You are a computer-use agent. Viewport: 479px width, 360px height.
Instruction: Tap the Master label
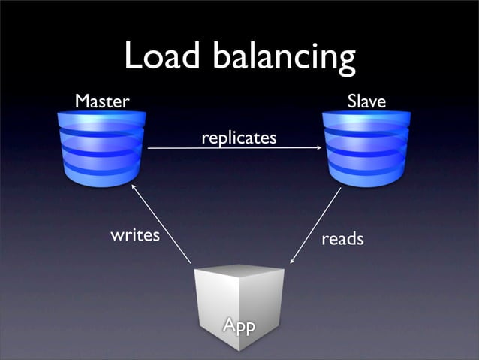click(x=102, y=101)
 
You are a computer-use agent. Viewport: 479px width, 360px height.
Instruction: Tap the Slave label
click(x=366, y=101)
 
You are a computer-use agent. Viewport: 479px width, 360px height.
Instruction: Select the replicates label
click(x=239, y=138)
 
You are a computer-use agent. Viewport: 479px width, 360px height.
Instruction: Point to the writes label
click(x=135, y=235)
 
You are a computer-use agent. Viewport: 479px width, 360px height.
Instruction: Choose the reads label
click(x=342, y=239)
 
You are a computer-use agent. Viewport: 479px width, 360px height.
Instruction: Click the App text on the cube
click(x=239, y=325)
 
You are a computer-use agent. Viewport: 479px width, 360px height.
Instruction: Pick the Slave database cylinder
click(x=366, y=147)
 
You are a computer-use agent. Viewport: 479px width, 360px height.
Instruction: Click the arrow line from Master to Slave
click(x=233, y=148)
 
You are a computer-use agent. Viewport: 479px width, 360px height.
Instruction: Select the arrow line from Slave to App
click(x=316, y=225)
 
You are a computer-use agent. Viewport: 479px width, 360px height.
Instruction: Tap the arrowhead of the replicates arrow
click(x=318, y=148)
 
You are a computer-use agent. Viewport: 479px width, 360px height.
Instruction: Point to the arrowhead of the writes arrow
click(x=134, y=185)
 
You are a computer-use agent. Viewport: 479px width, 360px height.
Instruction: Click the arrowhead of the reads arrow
click(x=292, y=261)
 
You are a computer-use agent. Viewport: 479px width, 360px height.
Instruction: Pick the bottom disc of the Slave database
click(x=366, y=174)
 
